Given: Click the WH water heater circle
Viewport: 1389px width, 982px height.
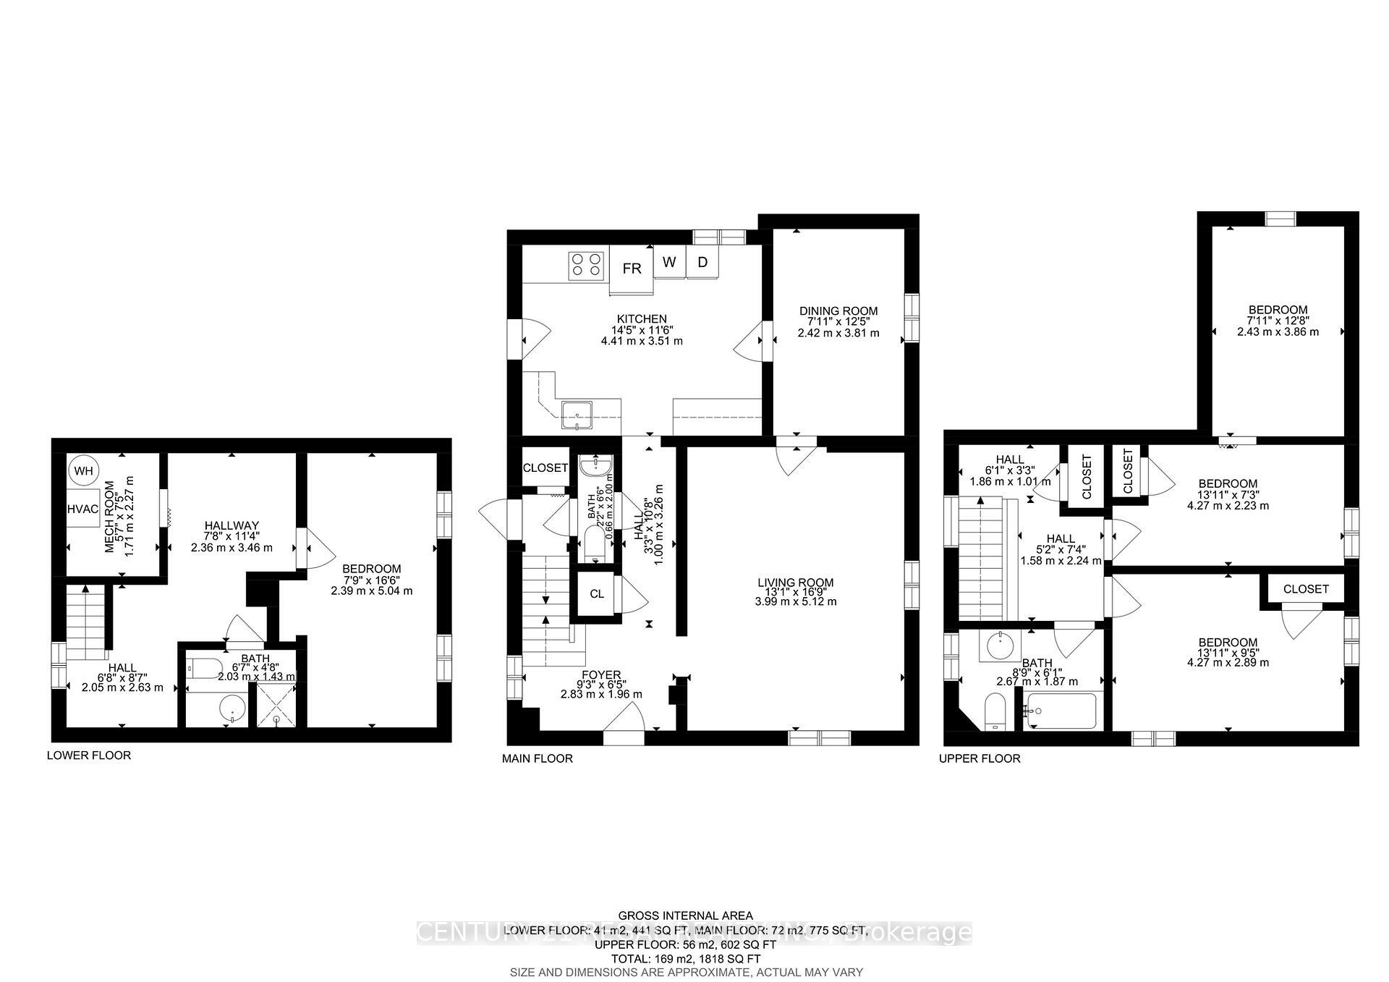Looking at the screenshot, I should pos(84,471).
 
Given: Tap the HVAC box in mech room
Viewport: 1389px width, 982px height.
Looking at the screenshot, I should pos(82,509).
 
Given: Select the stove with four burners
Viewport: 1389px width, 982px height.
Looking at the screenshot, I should pos(586,265).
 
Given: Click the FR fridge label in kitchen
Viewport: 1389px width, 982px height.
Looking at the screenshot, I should pos(632,268).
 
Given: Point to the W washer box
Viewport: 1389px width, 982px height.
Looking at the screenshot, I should pos(669,262).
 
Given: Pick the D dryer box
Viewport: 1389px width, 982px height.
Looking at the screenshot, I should pos(702,262).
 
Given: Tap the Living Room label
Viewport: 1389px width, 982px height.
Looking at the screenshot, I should pos(795,582).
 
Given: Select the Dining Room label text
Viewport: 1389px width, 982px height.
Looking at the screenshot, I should pos(838,310).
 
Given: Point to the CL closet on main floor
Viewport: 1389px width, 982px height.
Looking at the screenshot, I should pos(596,594).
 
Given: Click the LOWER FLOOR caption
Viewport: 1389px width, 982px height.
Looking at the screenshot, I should pos(89,755).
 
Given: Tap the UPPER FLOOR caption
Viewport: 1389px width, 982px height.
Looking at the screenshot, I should pos(980,758).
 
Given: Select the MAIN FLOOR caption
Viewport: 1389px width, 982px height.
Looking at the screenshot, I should pos(538,758).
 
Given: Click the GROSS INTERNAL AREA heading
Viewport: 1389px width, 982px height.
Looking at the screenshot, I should pos(685,915).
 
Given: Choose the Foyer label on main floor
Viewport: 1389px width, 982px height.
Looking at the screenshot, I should pos(600,674).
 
